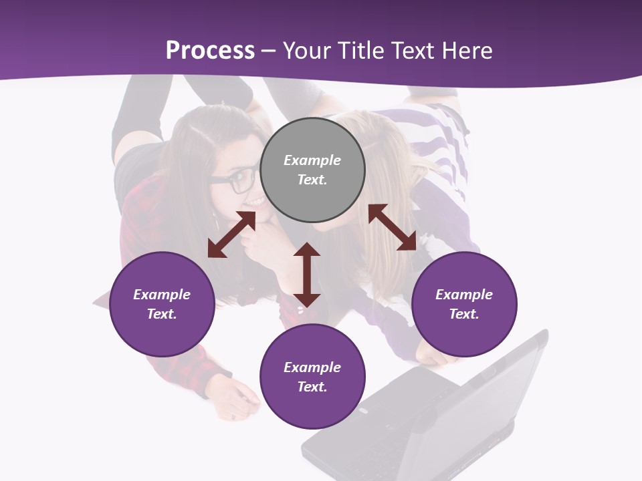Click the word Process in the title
pyautogui.click(x=210, y=50)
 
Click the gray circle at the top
pyautogui.click(x=312, y=170)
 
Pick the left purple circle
pyautogui.click(x=162, y=304)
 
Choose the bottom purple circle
pyautogui.click(x=312, y=377)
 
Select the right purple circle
pyautogui.click(x=464, y=304)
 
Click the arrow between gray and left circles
pyautogui.click(x=231, y=234)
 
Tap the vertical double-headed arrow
pyautogui.click(x=307, y=275)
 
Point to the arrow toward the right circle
pyautogui.click(x=392, y=227)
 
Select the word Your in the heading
pyautogui.click(x=306, y=50)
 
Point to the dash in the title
pyautogui.click(x=269, y=51)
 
